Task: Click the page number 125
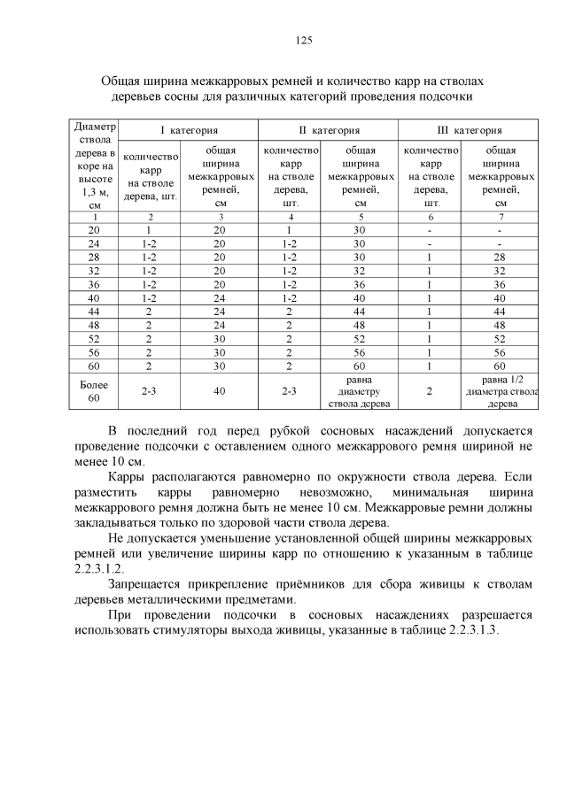click(301, 40)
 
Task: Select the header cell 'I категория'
click(188, 129)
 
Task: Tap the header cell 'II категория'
click(328, 129)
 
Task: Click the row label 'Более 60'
click(93, 392)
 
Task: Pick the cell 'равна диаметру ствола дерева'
click(360, 392)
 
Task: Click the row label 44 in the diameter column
click(94, 312)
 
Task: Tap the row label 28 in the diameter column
click(94, 258)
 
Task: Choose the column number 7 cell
click(501, 216)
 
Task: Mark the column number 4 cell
click(291, 216)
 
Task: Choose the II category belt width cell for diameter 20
click(360, 230)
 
